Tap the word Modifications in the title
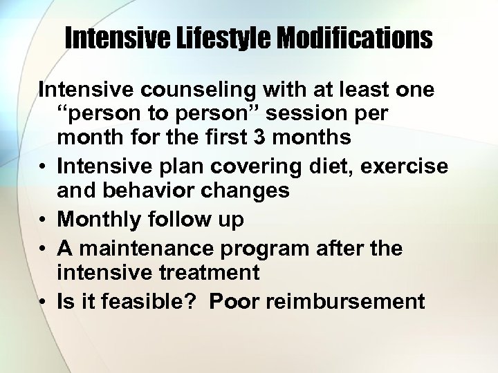(x=354, y=39)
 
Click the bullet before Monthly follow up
(x=43, y=220)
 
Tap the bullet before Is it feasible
(x=43, y=302)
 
